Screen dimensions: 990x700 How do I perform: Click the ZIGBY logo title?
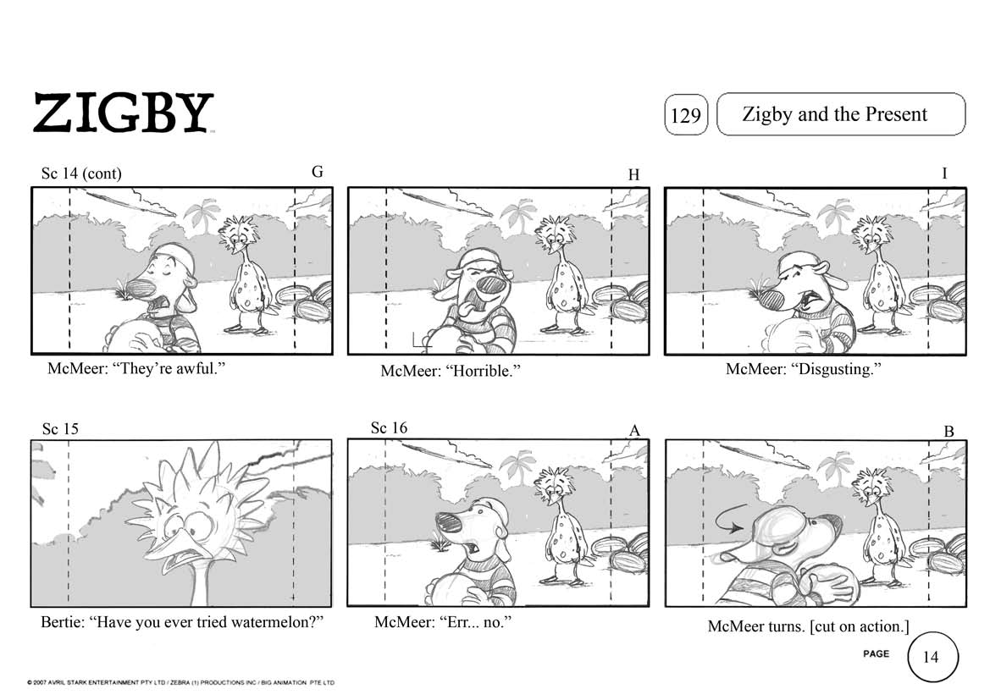(123, 113)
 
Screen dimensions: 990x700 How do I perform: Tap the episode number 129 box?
(686, 115)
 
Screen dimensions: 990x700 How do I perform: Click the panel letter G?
(318, 172)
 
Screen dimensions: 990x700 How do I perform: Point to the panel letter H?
(634, 175)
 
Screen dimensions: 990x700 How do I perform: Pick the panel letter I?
(944, 174)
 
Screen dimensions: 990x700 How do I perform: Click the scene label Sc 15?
(60, 429)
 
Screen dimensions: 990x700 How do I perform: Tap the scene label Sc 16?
(389, 428)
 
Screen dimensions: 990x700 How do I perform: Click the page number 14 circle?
(932, 657)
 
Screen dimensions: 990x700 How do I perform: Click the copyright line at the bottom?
(181, 682)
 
